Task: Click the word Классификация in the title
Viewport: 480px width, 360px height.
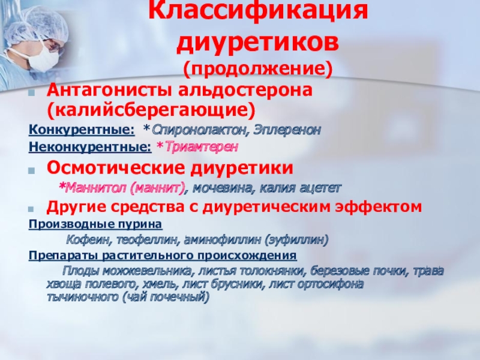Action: click(258, 11)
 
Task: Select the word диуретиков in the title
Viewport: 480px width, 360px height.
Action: click(258, 42)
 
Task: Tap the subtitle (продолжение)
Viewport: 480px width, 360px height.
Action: click(258, 68)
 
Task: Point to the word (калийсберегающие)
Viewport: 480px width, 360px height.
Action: click(151, 110)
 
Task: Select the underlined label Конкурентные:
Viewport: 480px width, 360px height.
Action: click(82, 130)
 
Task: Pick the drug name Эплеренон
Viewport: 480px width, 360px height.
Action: click(287, 130)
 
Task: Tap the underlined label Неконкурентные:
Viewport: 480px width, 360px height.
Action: click(90, 147)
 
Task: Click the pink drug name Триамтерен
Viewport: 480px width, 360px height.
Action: click(201, 147)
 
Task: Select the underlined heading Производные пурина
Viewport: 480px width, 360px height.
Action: click(95, 224)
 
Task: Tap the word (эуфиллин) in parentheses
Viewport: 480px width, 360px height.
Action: click(296, 239)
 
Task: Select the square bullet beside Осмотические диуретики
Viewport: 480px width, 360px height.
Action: click(31, 170)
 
